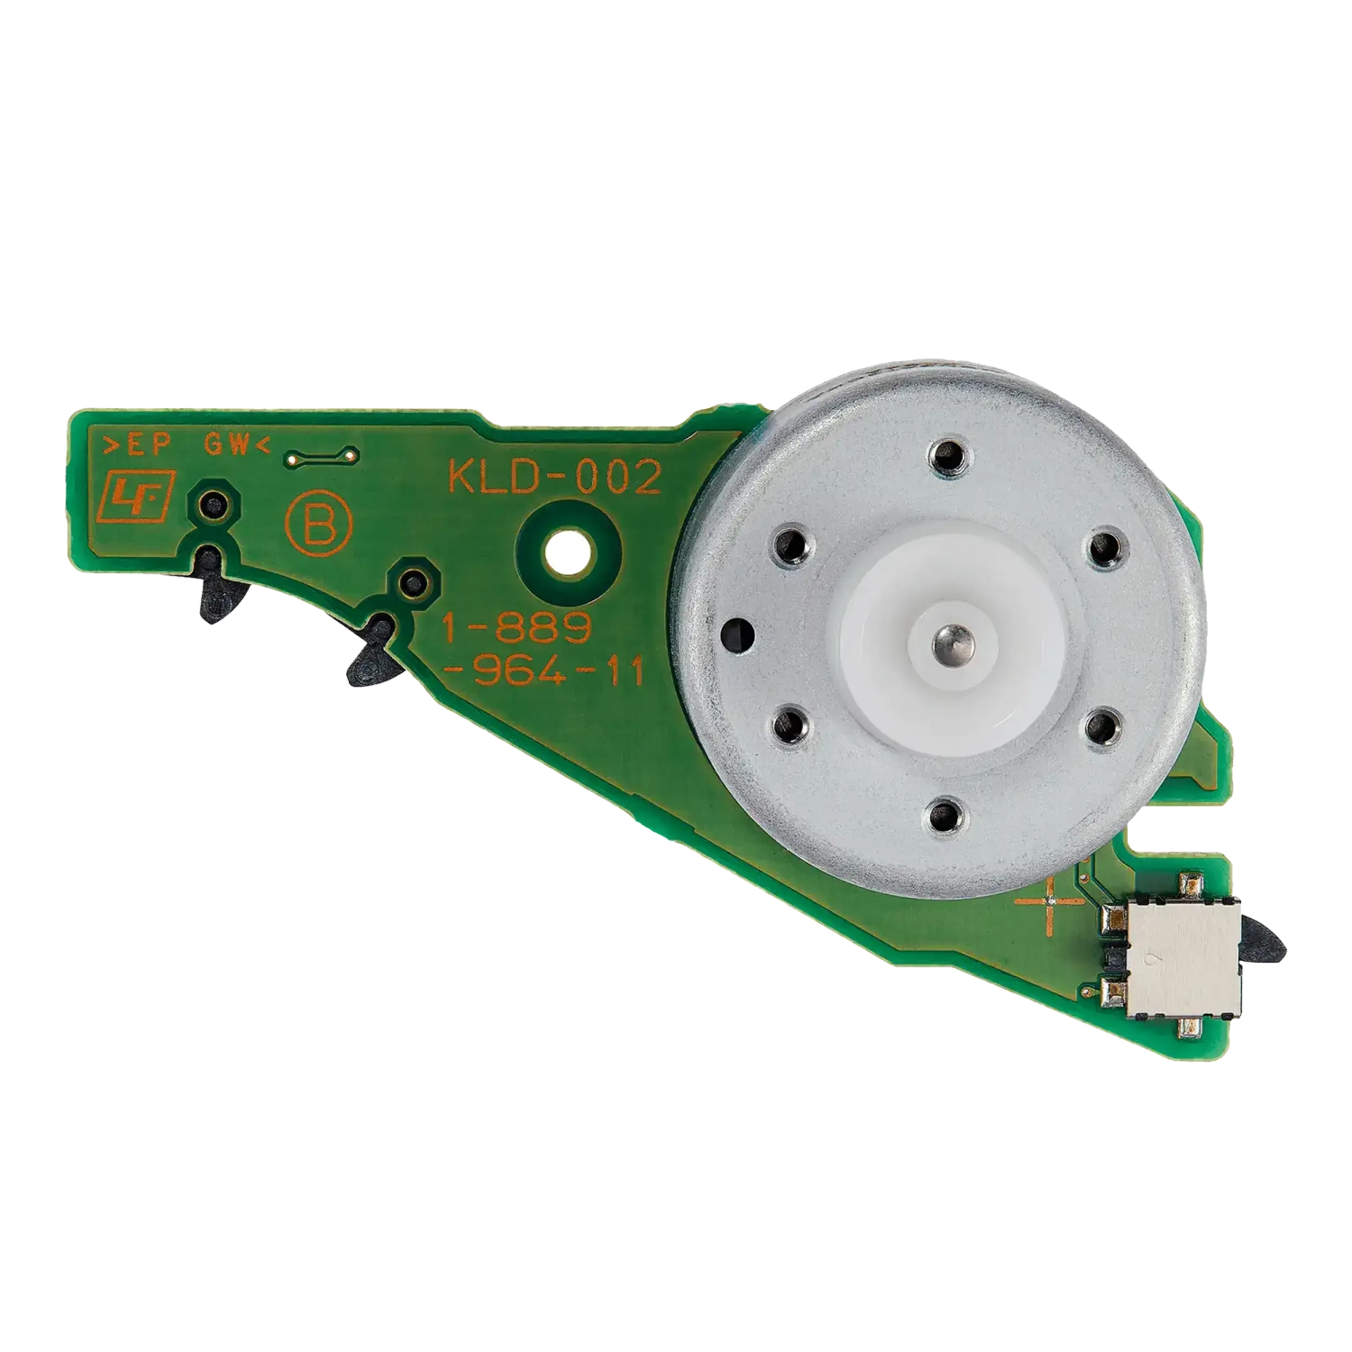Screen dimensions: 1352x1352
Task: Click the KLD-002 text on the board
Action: (x=554, y=478)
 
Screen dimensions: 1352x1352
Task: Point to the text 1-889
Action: (x=516, y=628)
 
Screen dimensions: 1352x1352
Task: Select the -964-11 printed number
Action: (x=544, y=672)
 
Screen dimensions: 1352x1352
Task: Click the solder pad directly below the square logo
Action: (x=215, y=505)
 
